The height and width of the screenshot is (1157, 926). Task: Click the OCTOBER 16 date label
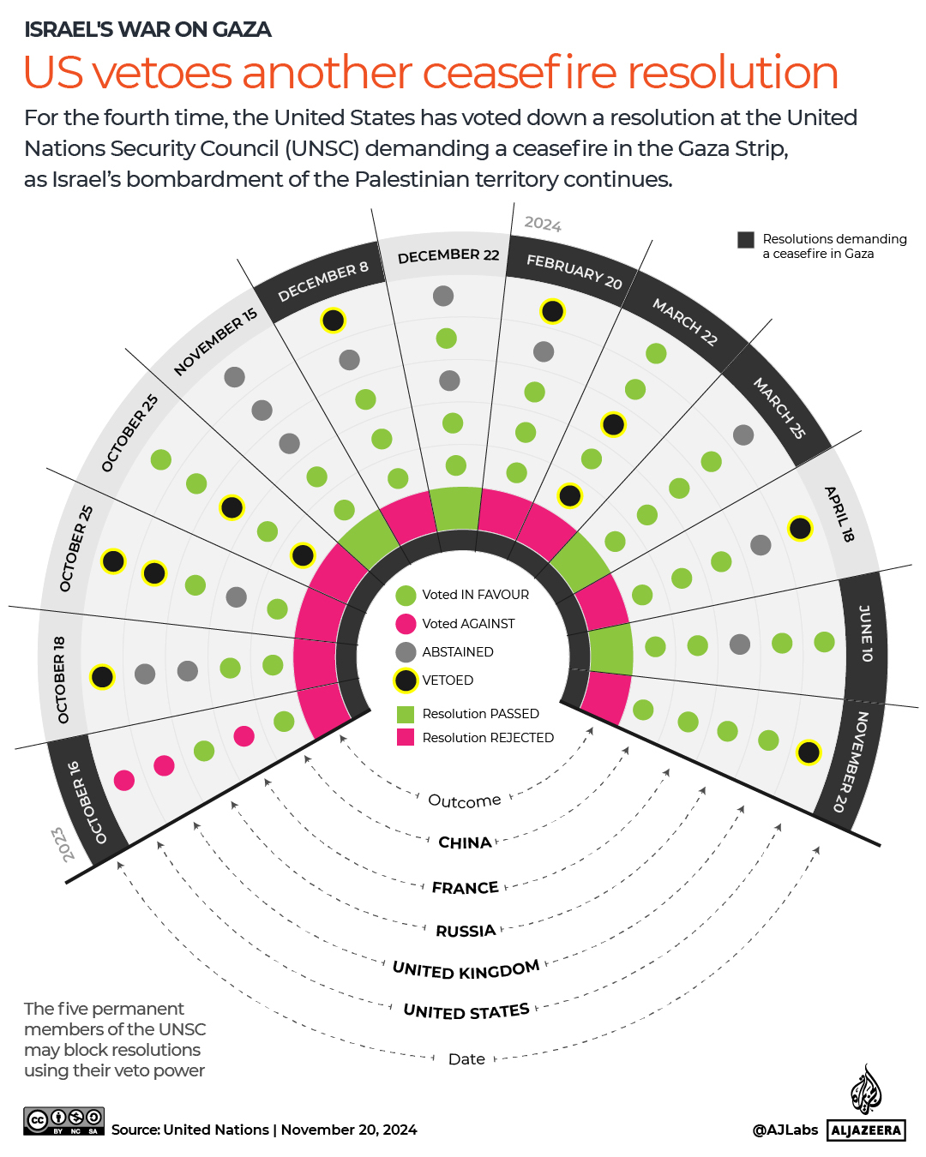pos(87,803)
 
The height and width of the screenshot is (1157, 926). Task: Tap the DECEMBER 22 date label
pos(448,255)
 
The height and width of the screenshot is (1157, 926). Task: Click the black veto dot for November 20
pos(809,752)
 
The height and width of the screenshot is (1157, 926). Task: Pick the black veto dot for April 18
pos(800,529)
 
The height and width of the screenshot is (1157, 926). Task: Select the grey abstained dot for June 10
pos(739,644)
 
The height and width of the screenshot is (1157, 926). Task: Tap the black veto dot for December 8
pos(333,321)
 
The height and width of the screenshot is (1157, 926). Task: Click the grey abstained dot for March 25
pos(743,435)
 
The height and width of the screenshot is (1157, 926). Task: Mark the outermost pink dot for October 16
pos(124,780)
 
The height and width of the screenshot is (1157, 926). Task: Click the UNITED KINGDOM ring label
pos(466,969)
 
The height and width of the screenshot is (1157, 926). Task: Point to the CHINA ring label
pos(465,842)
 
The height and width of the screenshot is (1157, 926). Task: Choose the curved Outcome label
pos(464,800)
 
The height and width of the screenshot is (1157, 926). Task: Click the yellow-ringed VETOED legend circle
pos(406,681)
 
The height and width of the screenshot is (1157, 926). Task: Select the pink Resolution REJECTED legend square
pos(406,737)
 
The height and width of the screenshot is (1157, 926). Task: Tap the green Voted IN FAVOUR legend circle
pos(406,595)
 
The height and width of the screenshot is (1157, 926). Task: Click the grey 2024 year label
pos(543,224)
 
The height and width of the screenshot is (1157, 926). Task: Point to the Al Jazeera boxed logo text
pos(866,1130)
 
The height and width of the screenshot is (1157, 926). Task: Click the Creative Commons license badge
pos(64,1120)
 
